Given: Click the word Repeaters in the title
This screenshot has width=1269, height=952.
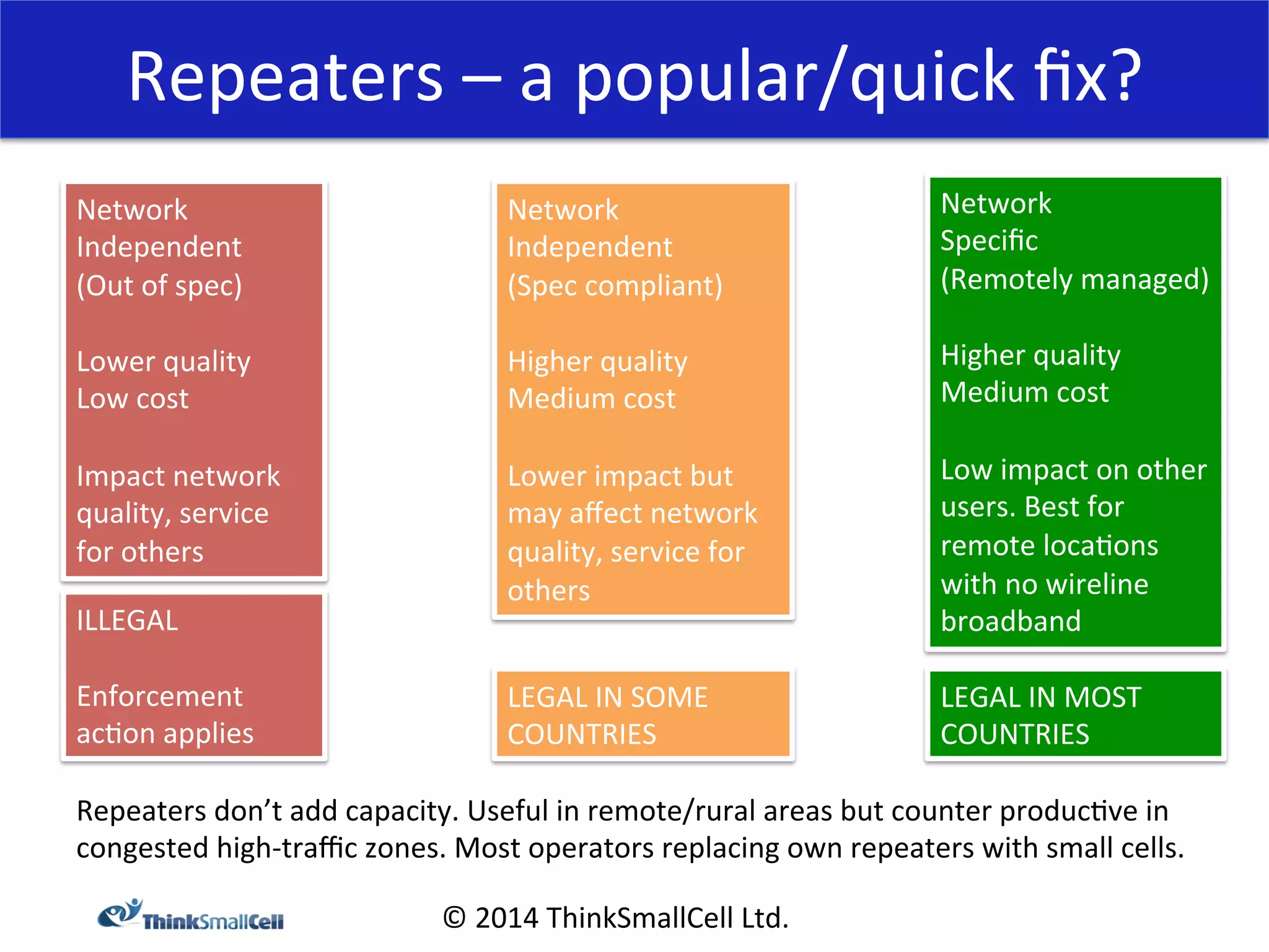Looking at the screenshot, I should pyautogui.click(x=286, y=77).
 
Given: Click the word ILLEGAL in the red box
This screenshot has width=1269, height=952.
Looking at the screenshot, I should pyautogui.click(x=127, y=620).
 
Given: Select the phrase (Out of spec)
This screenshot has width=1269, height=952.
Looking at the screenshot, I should pyautogui.click(x=159, y=286).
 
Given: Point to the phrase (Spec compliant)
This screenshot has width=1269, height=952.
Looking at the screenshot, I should pyautogui.click(x=615, y=286).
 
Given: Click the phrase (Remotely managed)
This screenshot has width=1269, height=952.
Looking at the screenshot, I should pyautogui.click(x=1074, y=279).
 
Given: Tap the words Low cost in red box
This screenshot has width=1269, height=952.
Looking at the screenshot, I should pyautogui.click(x=133, y=399).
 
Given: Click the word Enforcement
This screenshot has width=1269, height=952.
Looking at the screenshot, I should pyautogui.click(x=159, y=697).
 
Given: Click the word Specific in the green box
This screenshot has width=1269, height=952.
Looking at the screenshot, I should pyautogui.click(x=989, y=240).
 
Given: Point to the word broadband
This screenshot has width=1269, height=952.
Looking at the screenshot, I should pyautogui.click(x=1011, y=621).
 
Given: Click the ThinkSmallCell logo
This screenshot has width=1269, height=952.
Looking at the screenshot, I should pyautogui.click(x=191, y=916).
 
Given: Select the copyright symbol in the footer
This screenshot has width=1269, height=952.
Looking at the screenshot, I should pyautogui.click(x=454, y=918).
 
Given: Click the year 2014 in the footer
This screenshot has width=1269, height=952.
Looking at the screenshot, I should pyautogui.click(x=506, y=918).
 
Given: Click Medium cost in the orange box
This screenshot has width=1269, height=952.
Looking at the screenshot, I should pyautogui.click(x=591, y=399).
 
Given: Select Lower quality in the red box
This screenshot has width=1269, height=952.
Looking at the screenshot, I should pyautogui.click(x=164, y=361).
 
